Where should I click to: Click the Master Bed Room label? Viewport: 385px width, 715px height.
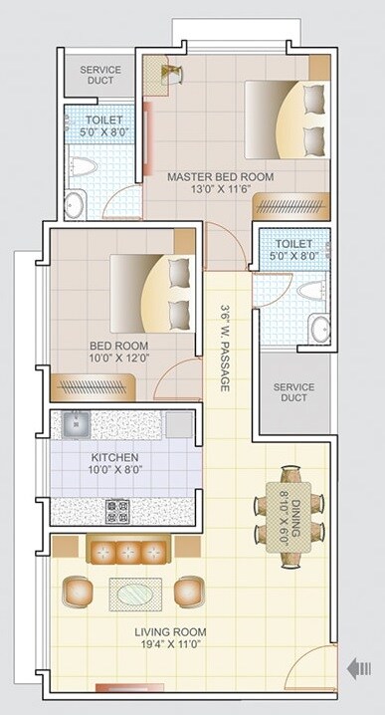[221, 177]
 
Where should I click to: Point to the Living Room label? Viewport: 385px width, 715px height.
[171, 632]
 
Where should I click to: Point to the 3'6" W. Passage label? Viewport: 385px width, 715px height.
[226, 346]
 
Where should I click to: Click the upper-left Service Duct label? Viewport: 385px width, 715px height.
[100, 76]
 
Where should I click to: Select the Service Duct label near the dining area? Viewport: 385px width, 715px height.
[293, 393]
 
